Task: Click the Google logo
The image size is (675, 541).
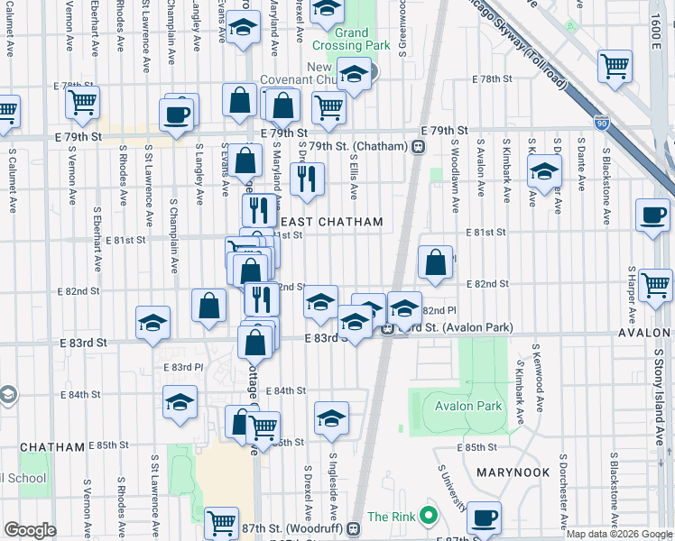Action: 31,530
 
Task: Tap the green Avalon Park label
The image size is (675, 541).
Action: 467,406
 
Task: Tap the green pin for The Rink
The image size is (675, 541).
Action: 429,517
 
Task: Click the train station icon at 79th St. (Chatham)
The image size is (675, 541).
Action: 419,146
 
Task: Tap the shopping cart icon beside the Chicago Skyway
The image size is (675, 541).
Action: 615,67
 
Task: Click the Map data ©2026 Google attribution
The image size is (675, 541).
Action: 620,534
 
